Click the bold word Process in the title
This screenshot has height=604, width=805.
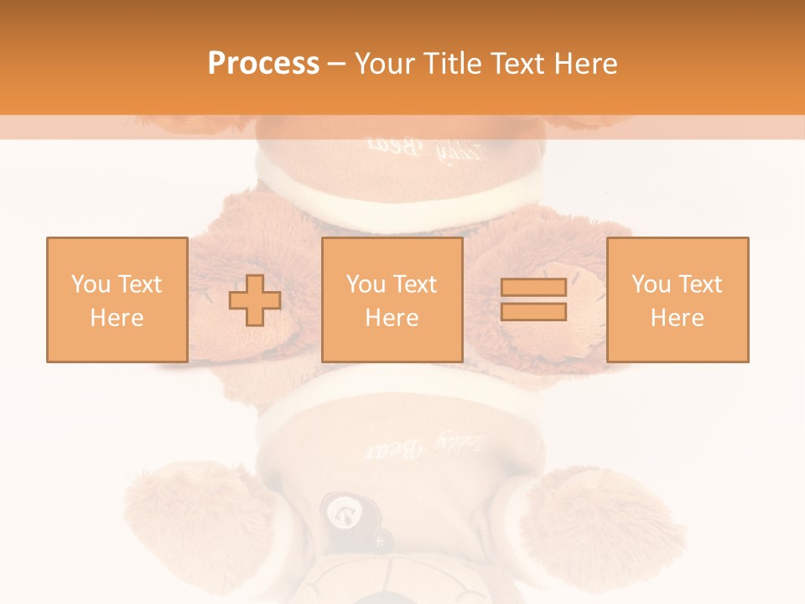263,64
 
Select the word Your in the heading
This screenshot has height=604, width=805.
383,64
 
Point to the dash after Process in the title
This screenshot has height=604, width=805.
336,64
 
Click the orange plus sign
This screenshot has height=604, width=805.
255,300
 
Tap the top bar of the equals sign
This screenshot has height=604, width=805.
533,288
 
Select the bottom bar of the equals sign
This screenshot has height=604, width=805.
533,311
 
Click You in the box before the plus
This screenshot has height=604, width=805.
91,284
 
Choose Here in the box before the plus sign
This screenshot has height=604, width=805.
117,317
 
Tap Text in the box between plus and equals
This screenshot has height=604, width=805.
414,284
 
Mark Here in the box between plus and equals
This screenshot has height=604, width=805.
392,317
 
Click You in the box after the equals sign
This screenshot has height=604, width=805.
651,284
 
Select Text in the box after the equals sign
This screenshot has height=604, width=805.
699,284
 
